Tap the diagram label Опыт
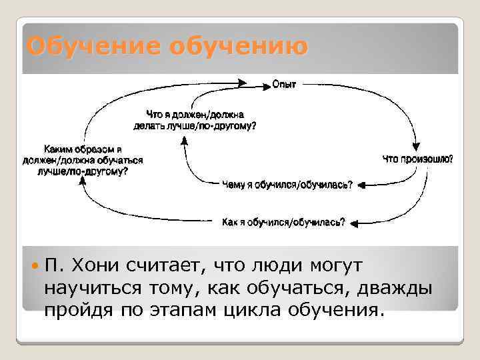coord(284,84)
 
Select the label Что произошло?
coord(418,159)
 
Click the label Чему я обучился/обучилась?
coord(287,185)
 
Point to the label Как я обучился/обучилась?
coord(283,223)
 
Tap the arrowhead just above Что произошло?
coord(418,148)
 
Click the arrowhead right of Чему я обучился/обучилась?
coord(361,185)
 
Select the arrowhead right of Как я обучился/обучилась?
coord(353,223)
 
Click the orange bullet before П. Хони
coord(35,265)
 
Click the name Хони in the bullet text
coord(98,266)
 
